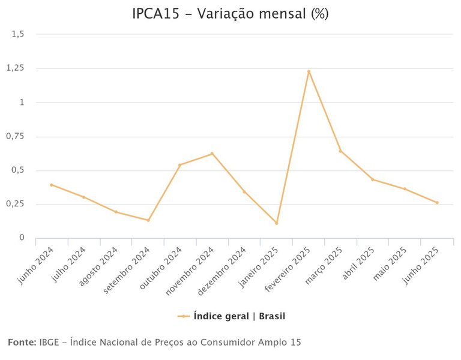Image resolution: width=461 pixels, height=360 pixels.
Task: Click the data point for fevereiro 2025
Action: [309, 71]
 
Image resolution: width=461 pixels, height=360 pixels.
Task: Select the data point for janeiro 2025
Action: [276, 223]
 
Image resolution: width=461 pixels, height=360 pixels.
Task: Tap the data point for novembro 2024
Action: [212, 154]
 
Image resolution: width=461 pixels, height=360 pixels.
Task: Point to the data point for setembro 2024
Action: [148, 220]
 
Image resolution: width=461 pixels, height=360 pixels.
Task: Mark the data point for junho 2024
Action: [52, 185]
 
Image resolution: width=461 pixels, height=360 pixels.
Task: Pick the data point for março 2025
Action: [340, 151]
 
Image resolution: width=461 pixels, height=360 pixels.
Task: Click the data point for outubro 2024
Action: [180, 164]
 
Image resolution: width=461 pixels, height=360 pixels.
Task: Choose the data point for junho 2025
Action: [437, 203]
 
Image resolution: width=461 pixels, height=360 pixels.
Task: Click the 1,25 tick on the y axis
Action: [15, 68]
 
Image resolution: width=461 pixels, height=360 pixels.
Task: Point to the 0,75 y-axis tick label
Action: [15, 136]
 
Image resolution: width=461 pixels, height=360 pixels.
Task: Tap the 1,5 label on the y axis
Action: [18, 34]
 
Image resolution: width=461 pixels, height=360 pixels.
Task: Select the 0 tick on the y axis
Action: [22, 238]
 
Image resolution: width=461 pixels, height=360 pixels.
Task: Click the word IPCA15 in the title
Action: [154, 14]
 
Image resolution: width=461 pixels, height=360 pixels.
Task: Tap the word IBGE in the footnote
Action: [49, 342]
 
